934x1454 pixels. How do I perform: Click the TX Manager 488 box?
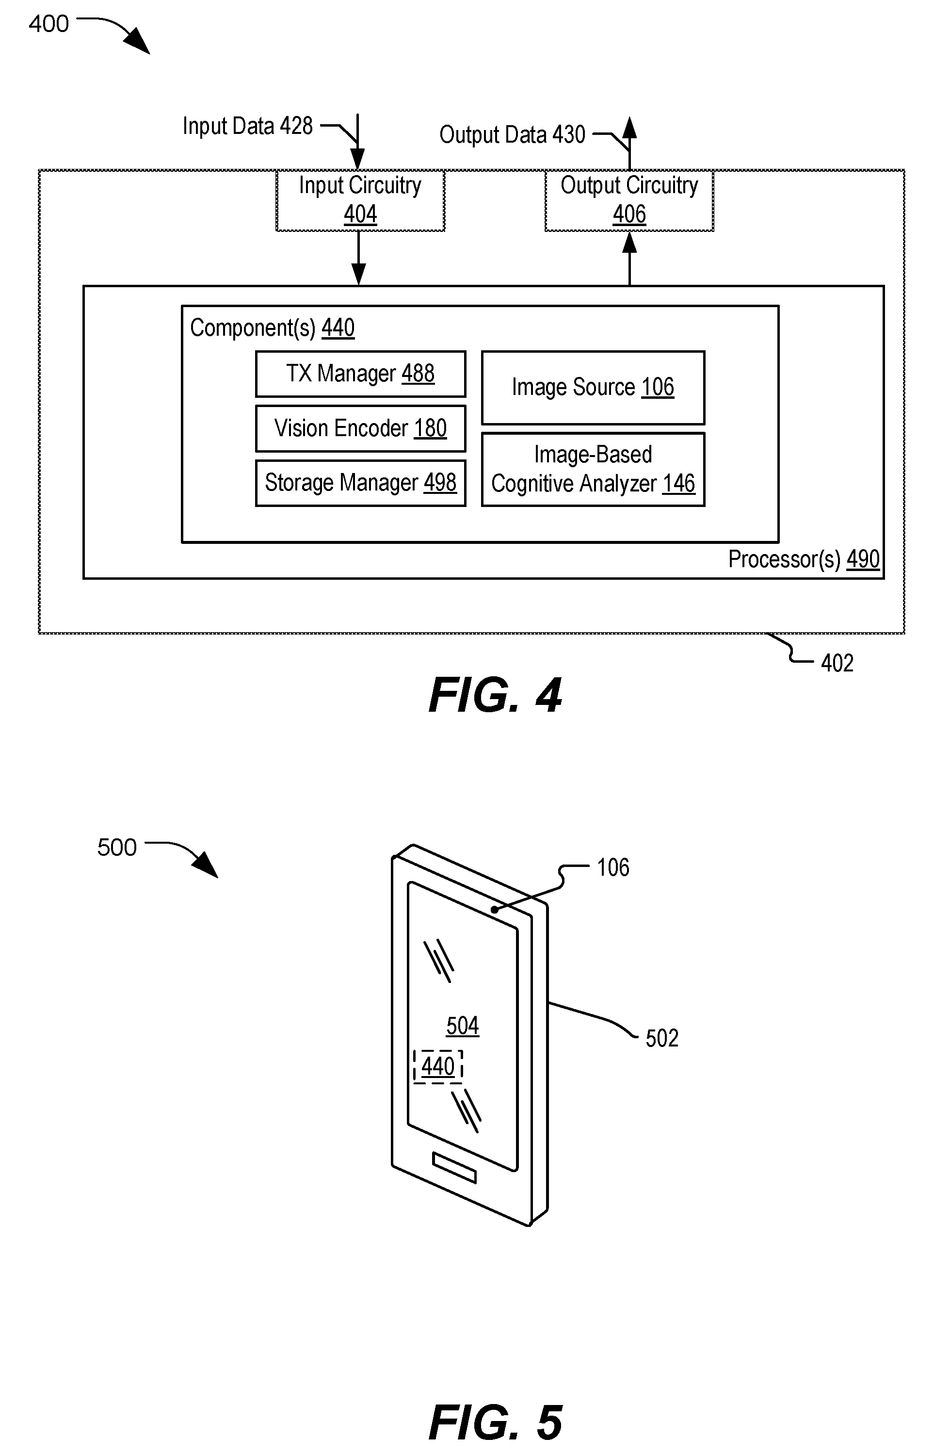pos(360,374)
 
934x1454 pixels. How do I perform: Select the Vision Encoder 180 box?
pos(360,428)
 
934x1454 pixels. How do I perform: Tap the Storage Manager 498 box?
pos(360,483)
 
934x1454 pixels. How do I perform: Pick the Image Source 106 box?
pos(593,387)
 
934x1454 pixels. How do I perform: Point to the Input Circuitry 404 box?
pos(360,200)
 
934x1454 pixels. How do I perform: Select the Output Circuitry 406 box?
pos(629,200)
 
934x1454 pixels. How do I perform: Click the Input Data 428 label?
pos(247,126)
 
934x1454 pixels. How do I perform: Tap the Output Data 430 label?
pos(512,135)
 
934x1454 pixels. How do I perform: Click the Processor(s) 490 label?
pos(804,559)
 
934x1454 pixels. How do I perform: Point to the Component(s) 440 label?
pos(273,328)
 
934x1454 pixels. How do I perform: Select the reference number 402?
pos(837,663)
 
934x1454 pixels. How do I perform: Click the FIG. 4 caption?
pos(495,695)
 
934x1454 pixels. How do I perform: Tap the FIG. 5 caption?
pos(495,1422)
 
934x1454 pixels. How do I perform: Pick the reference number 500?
pos(117,848)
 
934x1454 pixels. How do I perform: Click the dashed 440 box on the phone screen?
pos(438,1066)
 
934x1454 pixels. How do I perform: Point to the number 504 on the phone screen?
pos(463,1026)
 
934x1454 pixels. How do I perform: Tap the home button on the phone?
pos(454,1168)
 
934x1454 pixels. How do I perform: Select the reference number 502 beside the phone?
pos(661,1039)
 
